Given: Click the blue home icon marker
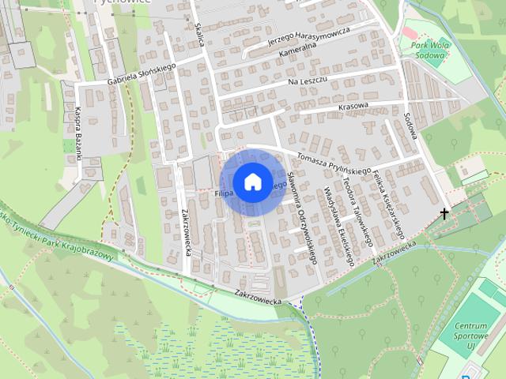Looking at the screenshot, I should click(x=252, y=182).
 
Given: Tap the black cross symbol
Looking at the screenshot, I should click(x=444, y=213).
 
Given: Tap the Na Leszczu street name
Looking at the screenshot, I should click(x=308, y=81).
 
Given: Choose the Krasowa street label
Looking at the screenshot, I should click(x=353, y=106).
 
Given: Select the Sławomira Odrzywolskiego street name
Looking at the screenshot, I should click(x=301, y=218).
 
